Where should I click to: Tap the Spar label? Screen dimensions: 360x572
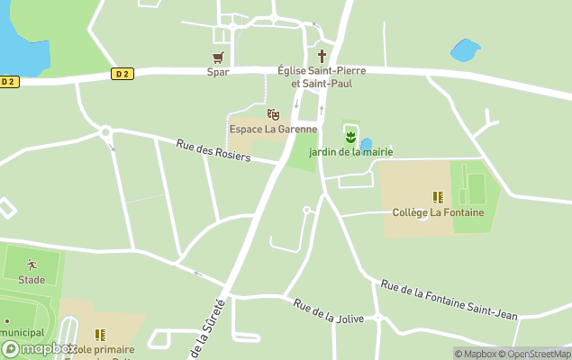pyautogui.click(x=218, y=72)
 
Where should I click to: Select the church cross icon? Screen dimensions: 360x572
pyautogui.click(x=321, y=57)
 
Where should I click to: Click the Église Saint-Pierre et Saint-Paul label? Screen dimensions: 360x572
pyautogui.click(x=314, y=76)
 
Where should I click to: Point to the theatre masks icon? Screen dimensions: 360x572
pyautogui.click(x=273, y=114)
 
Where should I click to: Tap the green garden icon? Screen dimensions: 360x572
pyautogui.click(x=350, y=137)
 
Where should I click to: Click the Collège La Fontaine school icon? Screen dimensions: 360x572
pyautogui.click(x=438, y=197)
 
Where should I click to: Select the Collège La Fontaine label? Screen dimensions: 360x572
pyautogui.click(x=439, y=212)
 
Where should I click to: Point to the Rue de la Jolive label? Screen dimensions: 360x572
pyautogui.click(x=326, y=310)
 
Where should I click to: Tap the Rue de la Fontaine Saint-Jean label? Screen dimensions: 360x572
pyautogui.click(x=449, y=300)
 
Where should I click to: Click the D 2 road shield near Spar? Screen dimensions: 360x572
pyautogui.click(x=123, y=74)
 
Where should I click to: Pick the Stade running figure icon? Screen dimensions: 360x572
pyautogui.click(x=32, y=265)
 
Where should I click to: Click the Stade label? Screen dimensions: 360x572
pyautogui.click(x=32, y=280)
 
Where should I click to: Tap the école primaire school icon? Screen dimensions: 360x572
pyautogui.click(x=100, y=335)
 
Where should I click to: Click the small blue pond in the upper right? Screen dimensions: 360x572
pyautogui.click(x=465, y=49)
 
